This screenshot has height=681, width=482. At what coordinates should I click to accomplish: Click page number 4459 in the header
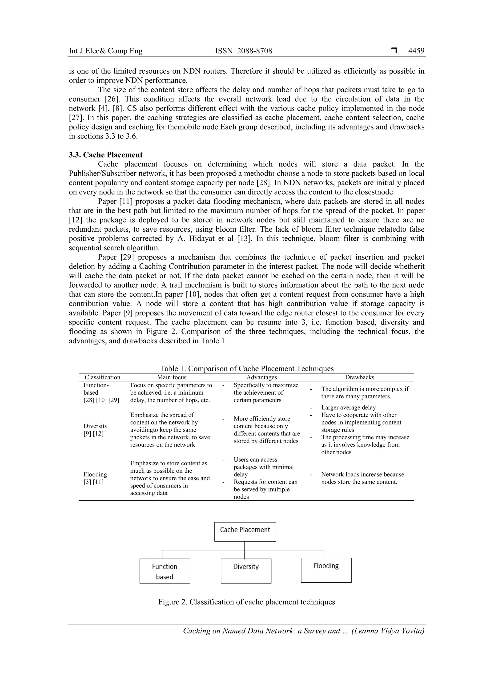pos(416,51)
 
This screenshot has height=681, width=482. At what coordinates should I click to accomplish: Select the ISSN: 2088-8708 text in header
pos(243,51)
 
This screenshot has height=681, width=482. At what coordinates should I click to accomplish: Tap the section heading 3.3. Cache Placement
pos(106,155)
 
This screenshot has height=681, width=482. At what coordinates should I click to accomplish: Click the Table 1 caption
pos(247,368)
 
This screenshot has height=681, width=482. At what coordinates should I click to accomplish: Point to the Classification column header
pos(102,377)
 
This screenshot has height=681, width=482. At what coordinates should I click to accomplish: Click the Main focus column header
pos(172,377)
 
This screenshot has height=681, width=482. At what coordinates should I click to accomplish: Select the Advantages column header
pos(261,377)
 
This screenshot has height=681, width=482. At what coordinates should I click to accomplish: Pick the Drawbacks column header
pos(359,377)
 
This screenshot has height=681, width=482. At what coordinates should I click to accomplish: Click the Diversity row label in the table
pos(96,426)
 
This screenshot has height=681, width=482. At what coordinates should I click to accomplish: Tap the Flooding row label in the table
pos(95,474)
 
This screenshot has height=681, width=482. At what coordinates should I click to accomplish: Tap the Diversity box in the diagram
pos(246,571)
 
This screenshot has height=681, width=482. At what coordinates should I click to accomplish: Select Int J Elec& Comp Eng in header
pos(106,51)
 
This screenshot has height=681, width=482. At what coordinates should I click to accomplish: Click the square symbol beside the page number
pos(394,51)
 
